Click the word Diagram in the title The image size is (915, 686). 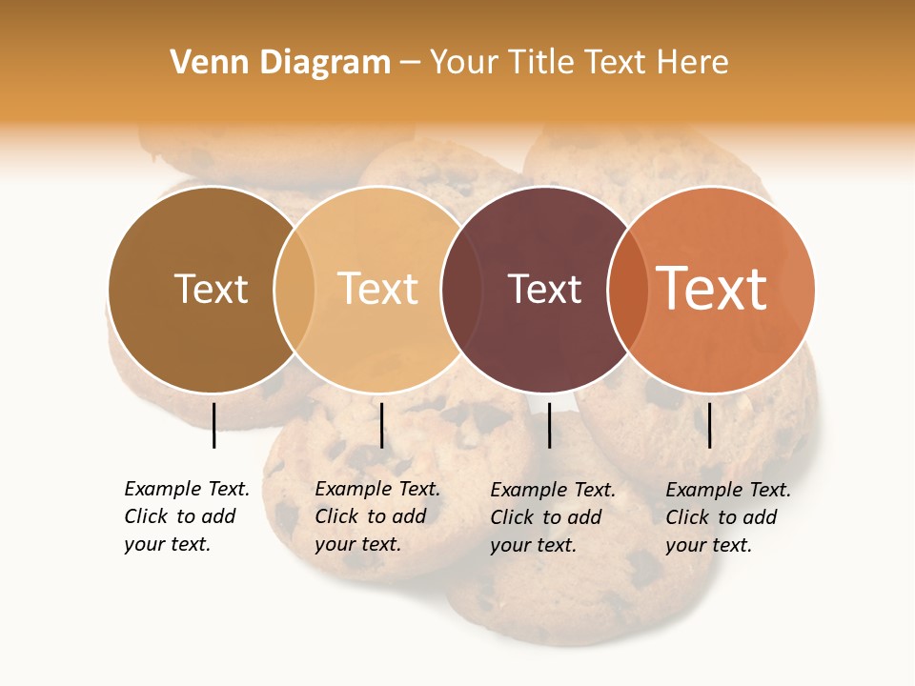pyautogui.click(x=325, y=63)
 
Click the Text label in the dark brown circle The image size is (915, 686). pyautogui.click(x=211, y=289)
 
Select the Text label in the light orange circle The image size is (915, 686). pyautogui.click(x=377, y=289)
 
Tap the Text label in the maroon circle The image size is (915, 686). pyautogui.click(x=544, y=289)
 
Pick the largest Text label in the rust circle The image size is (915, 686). pyautogui.click(x=711, y=289)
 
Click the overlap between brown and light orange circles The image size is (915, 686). pyautogui.click(x=295, y=289)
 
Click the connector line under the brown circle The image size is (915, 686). pyautogui.click(x=213, y=425)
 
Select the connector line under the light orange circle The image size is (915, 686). pyautogui.click(x=381, y=425)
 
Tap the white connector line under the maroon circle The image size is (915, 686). pyautogui.click(x=549, y=425)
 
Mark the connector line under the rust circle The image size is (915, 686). pyautogui.click(x=709, y=425)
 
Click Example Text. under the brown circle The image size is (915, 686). pyautogui.click(x=187, y=489)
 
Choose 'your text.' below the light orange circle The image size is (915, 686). pyautogui.click(x=357, y=544)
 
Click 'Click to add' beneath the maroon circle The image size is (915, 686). pyautogui.click(x=546, y=517)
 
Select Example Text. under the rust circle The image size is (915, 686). pyautogui.click(x=728, y=490)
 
